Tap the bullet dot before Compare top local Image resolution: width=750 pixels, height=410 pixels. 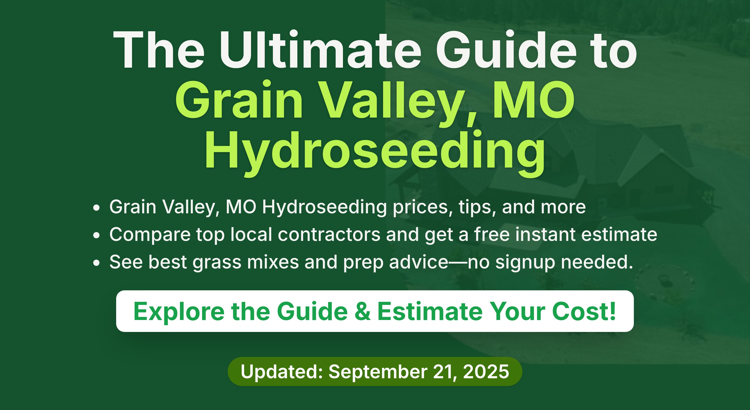[x=96, y=235]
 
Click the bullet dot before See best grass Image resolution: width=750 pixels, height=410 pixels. [x=96, y=262]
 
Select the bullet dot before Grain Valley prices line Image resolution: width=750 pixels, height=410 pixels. [x=96, y=208]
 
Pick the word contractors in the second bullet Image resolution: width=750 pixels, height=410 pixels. [x=329, y=235]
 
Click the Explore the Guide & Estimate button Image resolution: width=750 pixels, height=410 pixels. [x=375, y=311]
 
